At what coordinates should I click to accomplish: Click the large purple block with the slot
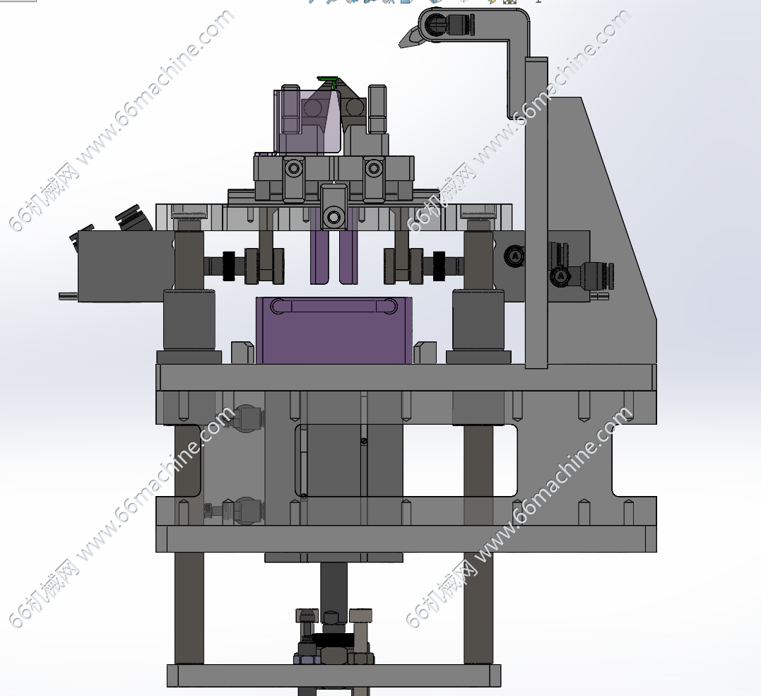point(334,331)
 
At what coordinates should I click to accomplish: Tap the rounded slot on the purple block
point(334,307)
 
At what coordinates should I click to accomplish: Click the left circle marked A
point(515,256)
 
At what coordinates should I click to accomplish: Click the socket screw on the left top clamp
point(294,169)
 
